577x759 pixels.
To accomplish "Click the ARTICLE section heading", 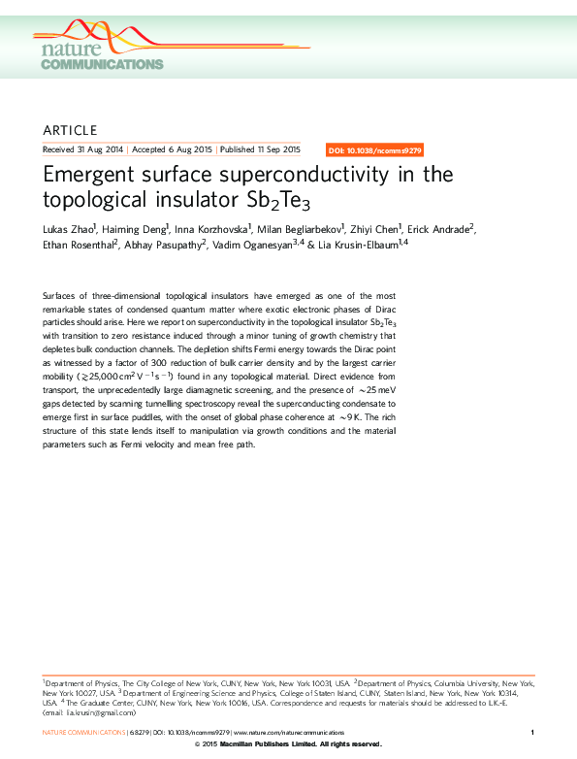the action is (x=71, y=130).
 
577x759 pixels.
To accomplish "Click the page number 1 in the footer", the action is (x=532, y=732).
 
